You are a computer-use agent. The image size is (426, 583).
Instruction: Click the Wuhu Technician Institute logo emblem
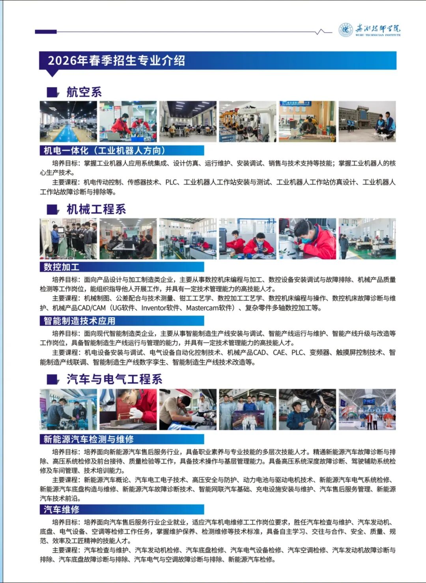click(x=346, y=30)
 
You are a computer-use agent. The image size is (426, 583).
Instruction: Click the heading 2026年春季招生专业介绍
click(x=116, y=61)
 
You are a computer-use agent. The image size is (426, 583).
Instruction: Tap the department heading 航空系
click(x=84, y=92)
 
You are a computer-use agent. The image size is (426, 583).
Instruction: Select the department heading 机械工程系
click(x=96, y=209)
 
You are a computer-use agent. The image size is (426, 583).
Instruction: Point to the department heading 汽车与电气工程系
click(x=114, y=379)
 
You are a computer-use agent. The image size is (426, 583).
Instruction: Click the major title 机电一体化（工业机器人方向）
click(x=105, y=150)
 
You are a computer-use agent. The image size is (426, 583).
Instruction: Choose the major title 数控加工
click(x=62, y=267)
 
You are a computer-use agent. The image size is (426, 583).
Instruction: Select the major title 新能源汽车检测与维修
click(x=89, y=439)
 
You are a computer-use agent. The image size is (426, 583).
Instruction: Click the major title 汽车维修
click(x=62, y=509)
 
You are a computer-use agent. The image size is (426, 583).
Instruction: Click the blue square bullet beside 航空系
click(x=52, y=93)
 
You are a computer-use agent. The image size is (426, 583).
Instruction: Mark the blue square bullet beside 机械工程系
click(x=52, y=210)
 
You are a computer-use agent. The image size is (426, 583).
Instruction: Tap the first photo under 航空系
click(x=68, y=121)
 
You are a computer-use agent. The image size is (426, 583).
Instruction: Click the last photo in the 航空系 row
click(x=367, y=121)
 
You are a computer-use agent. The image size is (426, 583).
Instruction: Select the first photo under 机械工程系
click(x=68, y=239)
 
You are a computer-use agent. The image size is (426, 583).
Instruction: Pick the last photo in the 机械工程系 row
click(x=367, y=239)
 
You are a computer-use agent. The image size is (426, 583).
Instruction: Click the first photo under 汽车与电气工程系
click(x=68, y=409)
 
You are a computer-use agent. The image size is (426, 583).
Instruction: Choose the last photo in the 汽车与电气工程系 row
click(x=367, y=409)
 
